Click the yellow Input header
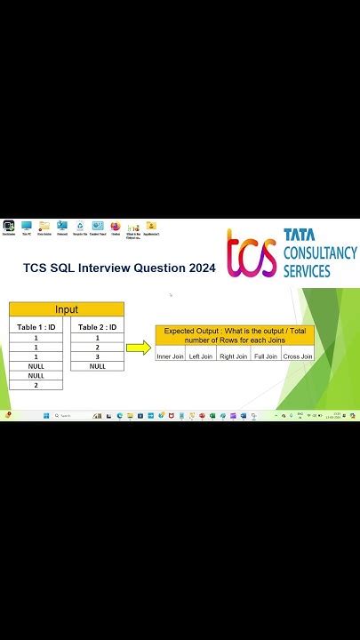click(67, 309)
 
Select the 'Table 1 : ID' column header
click(36, 327)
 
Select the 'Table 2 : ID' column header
click(97, 327)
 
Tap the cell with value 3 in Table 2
click(97, 356)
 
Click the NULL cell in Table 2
click(97, 366)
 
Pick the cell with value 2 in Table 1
click(36, 385)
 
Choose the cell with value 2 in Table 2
click(97, 347)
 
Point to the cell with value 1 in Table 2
click(97, 338)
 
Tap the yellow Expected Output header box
click(235, 334)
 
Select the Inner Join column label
click(171, 356)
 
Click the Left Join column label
click(201, 356)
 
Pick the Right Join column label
click(233, 356)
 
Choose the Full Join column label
click(266, 356)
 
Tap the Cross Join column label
click(298, 356)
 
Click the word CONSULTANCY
click(320, 252)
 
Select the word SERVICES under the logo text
click(307, 269)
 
